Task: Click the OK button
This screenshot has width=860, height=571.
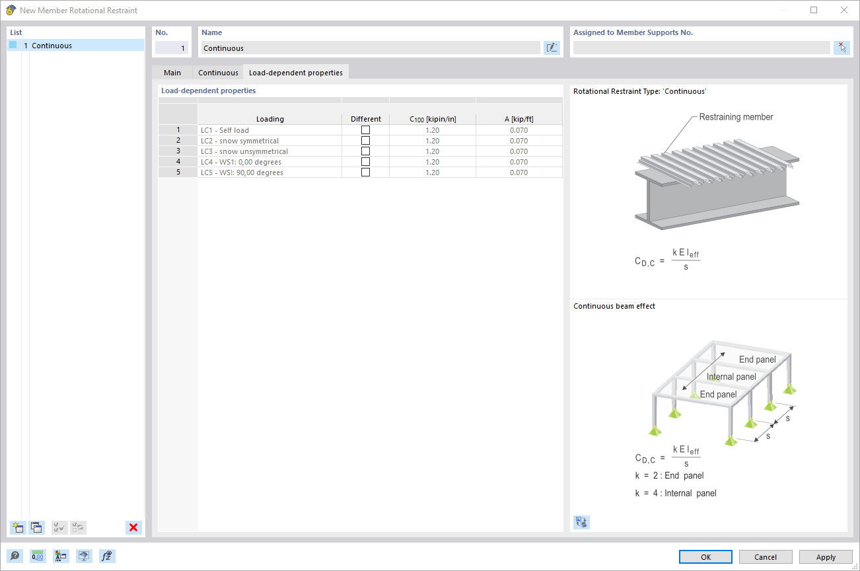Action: (705, 557)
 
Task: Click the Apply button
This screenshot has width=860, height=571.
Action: (826, 557)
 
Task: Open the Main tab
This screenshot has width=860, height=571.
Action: (172, 73)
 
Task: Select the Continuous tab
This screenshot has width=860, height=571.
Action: (218, 73)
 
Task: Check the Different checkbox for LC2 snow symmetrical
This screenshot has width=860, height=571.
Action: (365, 141)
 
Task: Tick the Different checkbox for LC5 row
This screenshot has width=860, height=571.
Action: (365, 172)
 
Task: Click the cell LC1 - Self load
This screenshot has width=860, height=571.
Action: (269, 130)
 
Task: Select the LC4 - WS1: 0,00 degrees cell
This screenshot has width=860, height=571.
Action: (269, 162)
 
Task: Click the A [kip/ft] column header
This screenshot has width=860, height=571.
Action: (519, 119)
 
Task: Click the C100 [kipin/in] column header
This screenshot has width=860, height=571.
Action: (433, 119)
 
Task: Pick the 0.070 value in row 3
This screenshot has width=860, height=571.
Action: (519, 151)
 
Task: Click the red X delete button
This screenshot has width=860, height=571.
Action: (133, 527)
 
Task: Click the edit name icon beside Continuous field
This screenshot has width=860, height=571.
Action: (552, 48)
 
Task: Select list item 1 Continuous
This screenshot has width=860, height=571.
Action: (52, 46)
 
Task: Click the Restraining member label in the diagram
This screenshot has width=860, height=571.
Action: (736, 117)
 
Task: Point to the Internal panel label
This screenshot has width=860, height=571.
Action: (731, 377)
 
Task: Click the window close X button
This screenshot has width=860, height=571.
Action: (843, 10)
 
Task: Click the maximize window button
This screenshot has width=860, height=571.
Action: (814, 10)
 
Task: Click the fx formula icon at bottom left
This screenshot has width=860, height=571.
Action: (107, 556)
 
